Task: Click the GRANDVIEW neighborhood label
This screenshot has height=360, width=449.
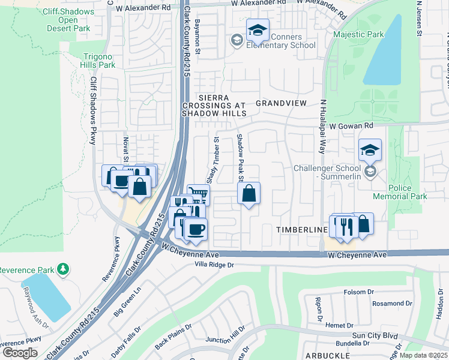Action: [281, 103]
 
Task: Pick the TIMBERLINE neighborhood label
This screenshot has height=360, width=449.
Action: [301, 230]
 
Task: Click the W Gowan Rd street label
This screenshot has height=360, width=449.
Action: [351, 125]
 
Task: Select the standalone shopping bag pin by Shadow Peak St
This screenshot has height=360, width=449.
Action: [248, 194]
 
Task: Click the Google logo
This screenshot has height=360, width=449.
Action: [20, 352]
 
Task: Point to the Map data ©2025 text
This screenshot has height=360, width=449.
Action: [423, 355]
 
